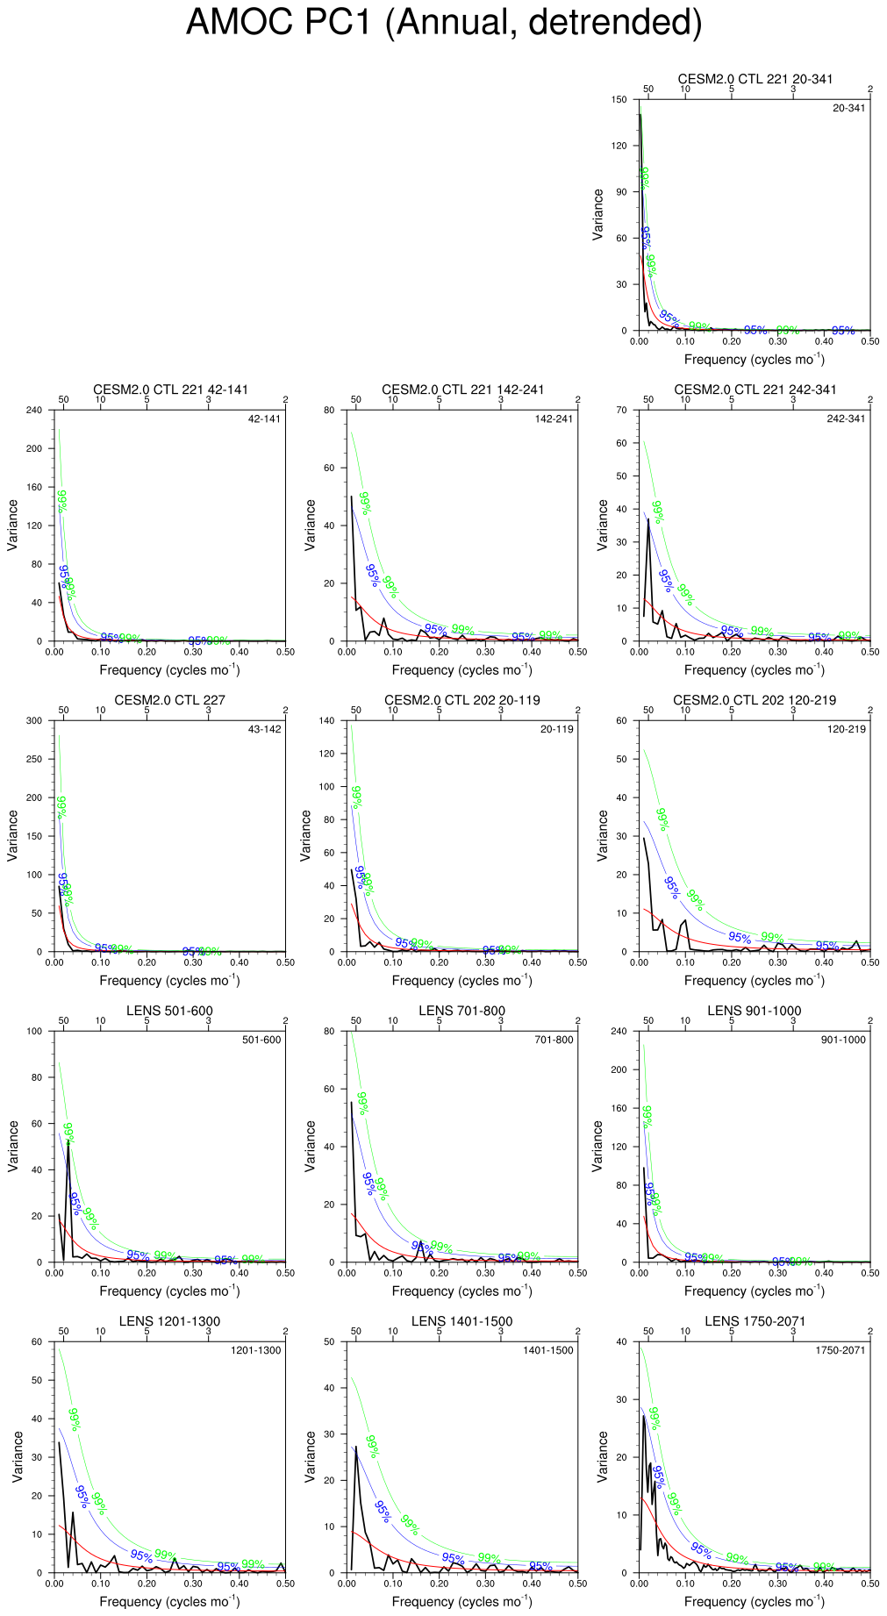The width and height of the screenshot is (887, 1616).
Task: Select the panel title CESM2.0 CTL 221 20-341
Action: click(x=755, y=79)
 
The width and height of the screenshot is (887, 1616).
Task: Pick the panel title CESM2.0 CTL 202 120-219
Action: click(x=755, y=700)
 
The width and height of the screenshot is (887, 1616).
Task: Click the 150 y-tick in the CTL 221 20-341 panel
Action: click(x=619, y=100)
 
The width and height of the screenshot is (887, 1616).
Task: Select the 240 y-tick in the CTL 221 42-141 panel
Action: click(x=34, y=411)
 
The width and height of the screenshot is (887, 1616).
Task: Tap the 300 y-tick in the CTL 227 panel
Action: click(x=34, y=721)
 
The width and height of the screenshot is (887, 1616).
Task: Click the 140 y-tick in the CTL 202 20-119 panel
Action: click(x=327, y=721)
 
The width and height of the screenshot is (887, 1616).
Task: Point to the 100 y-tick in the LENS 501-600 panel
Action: click(x=34, y=1032)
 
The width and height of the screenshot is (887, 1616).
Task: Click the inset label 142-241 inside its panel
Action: click(x=554, y=419)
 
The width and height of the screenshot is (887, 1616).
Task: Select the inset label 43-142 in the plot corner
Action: click(x=264, y=730)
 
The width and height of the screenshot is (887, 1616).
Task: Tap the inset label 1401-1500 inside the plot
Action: click(x=548, y=1351)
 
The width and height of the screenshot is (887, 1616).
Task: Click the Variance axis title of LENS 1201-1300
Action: click(x=13, y=1456)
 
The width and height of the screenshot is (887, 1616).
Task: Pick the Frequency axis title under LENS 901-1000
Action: click(x=755, y=1291)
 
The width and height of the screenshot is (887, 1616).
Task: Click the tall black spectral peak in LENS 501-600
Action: click(x=68, y=1141)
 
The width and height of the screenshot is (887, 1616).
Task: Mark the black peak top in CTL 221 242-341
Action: click(x=648, y=519)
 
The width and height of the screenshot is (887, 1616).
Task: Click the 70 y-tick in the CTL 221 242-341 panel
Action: click(x=622, y=411)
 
